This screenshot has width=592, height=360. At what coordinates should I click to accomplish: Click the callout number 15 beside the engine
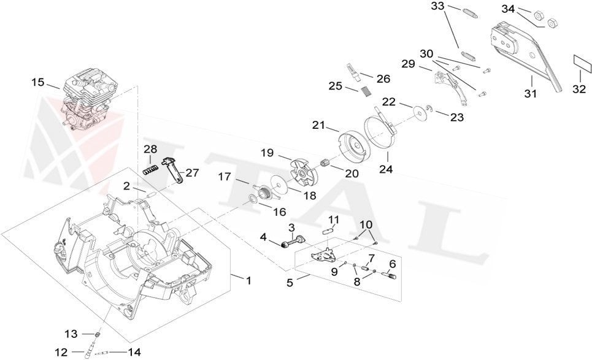pyautogui.click(x=38, y=82)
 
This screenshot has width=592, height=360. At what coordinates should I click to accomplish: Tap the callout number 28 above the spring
pyautogui.click(x=150, y=150)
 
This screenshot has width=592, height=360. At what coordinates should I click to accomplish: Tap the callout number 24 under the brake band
pyautogui.click(x=385, y=169)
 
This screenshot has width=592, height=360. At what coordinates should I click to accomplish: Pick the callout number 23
pyautogui.click(x=458, y=117)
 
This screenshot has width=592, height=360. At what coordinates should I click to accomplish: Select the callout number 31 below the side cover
pyautogui.click(x=530, y=94)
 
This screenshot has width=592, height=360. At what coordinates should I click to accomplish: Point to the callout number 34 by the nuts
pyautogui.click(x=509, y=9)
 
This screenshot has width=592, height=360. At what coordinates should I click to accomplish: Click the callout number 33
pyautogui.click(x=437, y=6)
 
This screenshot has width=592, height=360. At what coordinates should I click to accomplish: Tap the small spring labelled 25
pyautogui.click(x=366, y=91)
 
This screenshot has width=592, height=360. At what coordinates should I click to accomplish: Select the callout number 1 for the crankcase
pyautogui.click(x=248, y=281)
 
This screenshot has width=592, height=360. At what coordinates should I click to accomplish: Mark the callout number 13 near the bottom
pyautogui.click(x=72, y=334)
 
